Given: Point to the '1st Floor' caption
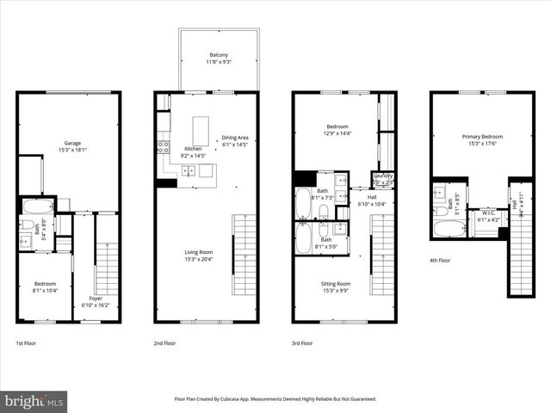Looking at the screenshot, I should [26, 342].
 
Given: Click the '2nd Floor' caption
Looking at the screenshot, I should [164, 342].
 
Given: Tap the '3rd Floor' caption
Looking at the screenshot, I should [302, 342].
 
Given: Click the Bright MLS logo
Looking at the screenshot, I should [34, 401].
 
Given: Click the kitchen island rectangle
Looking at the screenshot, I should [201, 131].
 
